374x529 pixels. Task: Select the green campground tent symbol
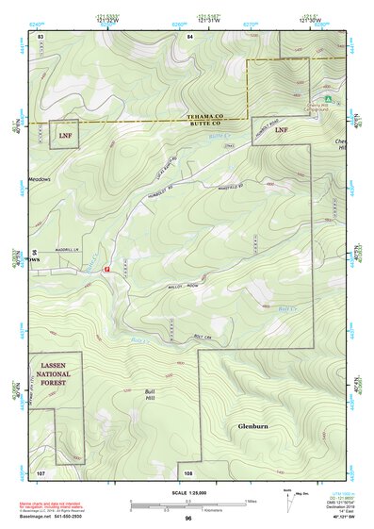(x=326, y=97)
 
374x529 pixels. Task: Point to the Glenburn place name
(x=253, y=427)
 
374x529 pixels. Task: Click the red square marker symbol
(x=106, y=269)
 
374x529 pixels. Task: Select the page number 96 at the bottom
(x=187, y=519)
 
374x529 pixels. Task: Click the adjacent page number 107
(x=41, y=471)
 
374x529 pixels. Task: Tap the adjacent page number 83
(x=41, y=36)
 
